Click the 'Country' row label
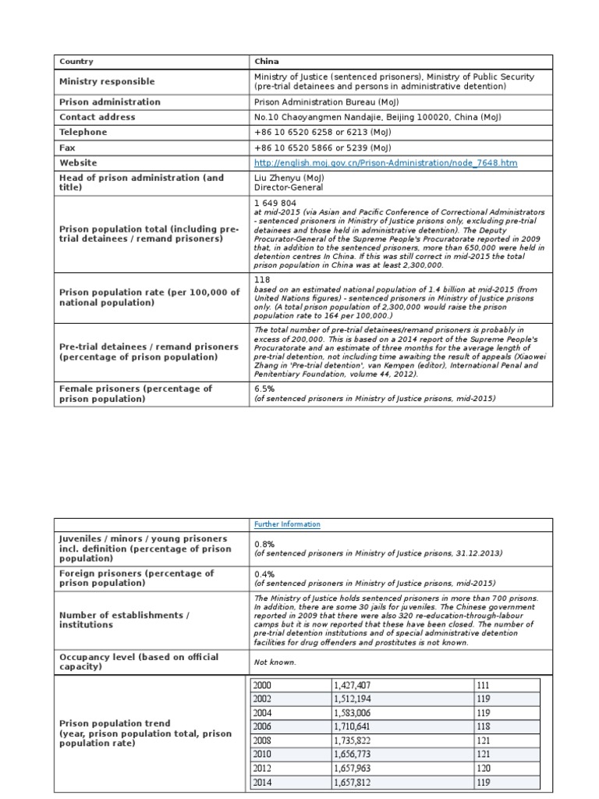(76, 62)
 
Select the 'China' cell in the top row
(267, 62)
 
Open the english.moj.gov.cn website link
(385, 163)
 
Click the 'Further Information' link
(287, 524)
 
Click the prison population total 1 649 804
(275, 203)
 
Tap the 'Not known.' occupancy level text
(275, 662)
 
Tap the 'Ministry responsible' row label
(107, 82)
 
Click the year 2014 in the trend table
(263, 782)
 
